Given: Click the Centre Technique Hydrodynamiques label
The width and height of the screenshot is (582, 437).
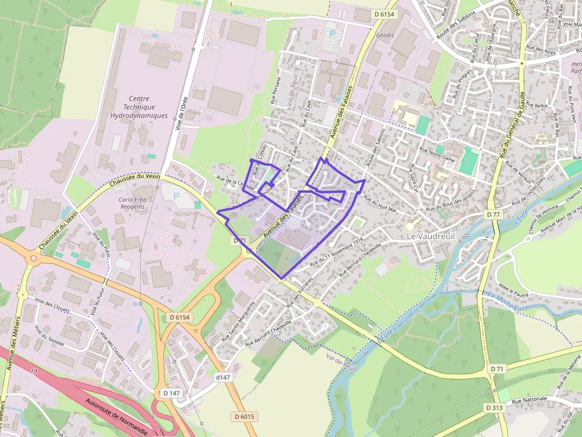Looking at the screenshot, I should [139, 107].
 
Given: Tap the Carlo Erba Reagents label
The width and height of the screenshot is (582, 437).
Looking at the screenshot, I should [132, 203].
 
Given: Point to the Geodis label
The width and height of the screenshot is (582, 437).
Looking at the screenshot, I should [385, 36].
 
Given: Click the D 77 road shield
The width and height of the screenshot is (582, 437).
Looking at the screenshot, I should [493, 213].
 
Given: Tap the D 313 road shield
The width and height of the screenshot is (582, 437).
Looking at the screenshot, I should [493, 408].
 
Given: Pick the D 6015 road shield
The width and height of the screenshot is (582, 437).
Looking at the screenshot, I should [244, 417].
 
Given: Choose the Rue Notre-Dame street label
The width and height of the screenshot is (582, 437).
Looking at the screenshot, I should [436, 155].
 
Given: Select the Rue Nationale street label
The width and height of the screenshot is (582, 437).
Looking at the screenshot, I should [529, 400].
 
